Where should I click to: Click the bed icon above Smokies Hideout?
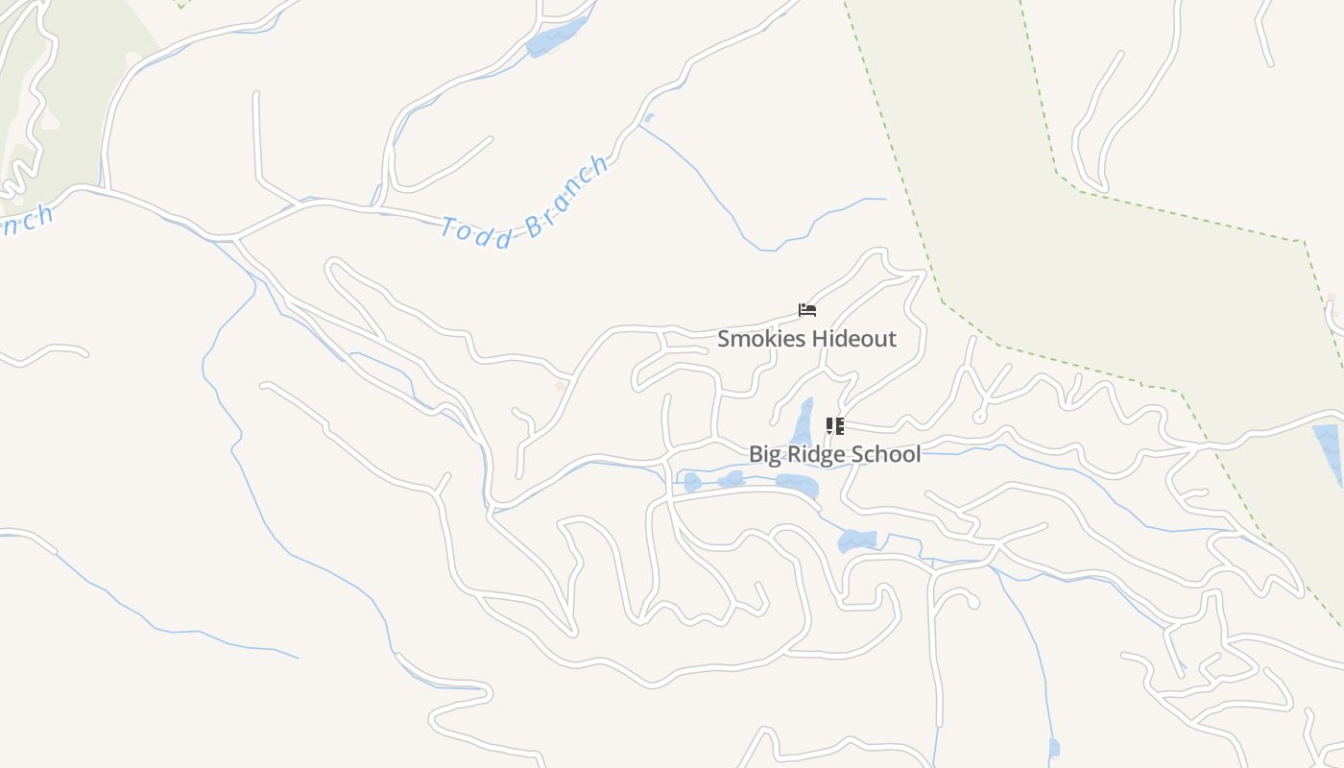[807, 310]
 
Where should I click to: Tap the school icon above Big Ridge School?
[834, 425]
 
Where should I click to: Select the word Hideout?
[853, 339]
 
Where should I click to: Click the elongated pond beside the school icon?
[803, 422]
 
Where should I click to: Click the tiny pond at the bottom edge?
[1054, 748]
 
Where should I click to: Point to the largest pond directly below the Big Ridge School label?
[797, 484]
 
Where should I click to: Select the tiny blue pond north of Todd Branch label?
[649, 118]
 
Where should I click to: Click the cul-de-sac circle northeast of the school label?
[978, 418]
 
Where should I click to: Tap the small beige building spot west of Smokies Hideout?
[561, 386]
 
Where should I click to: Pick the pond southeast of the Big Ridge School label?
[856, 540]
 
